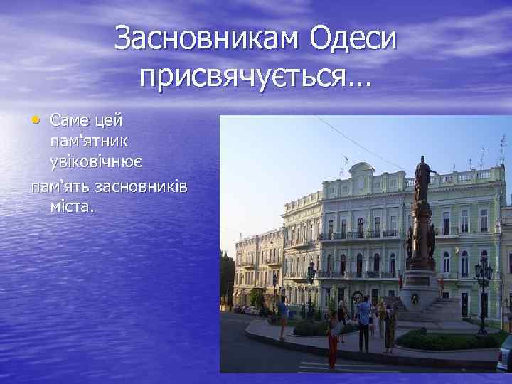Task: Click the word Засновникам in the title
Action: [206, 39]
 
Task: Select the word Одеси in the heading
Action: [353, 39]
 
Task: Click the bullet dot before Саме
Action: [36, 118]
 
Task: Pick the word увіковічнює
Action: [95, 161]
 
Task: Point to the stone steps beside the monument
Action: [448, 309]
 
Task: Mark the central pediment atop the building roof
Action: [361, 171]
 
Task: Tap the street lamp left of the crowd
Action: [310, 284]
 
